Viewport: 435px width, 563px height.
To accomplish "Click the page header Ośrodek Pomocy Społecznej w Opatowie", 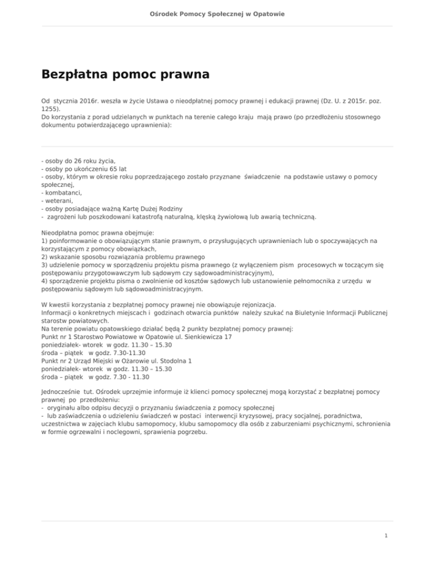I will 217,13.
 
